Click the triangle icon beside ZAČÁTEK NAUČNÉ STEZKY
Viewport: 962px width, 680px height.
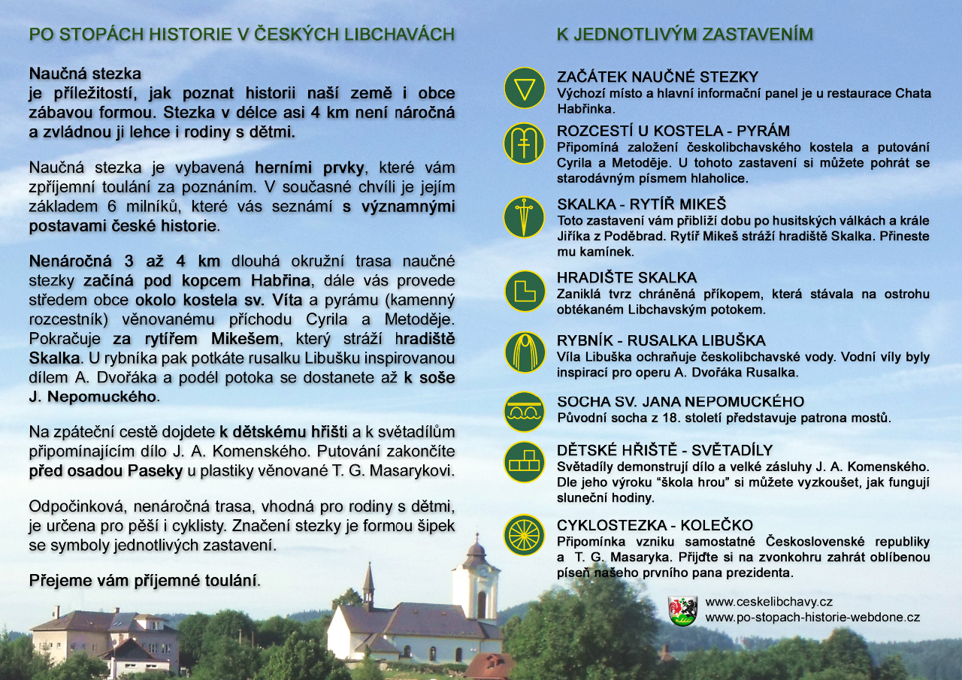[x=524, y=88]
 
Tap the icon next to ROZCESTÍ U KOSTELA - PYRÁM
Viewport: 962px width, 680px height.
[x=524, y=144]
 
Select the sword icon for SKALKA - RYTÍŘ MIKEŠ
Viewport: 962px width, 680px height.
[x=524, y=217]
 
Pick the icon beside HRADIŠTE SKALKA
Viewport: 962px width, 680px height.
[x=524, y=291]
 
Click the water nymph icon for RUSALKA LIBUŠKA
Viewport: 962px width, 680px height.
[x=524, y=352]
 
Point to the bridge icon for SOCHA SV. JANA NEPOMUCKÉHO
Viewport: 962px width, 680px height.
[x=524, y=412]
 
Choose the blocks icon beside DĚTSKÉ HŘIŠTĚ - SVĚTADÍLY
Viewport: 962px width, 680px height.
[x=524, y=461]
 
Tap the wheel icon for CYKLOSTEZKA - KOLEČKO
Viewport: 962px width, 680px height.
[x=524, y=535]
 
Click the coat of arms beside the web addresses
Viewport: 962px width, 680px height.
[x=682, y=611]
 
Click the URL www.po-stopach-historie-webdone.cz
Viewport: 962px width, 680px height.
[x=812, y=618]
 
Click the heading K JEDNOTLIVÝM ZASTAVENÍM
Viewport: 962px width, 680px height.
[x=685, y=35]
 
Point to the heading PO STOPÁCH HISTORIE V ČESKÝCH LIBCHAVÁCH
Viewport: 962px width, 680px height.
[x=241, y=35]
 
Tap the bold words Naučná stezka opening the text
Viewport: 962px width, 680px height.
[x=85, y=74]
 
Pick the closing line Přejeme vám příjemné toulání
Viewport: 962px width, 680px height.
[x=143, y=581]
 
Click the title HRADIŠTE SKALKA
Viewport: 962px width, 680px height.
[x=627, y=278]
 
